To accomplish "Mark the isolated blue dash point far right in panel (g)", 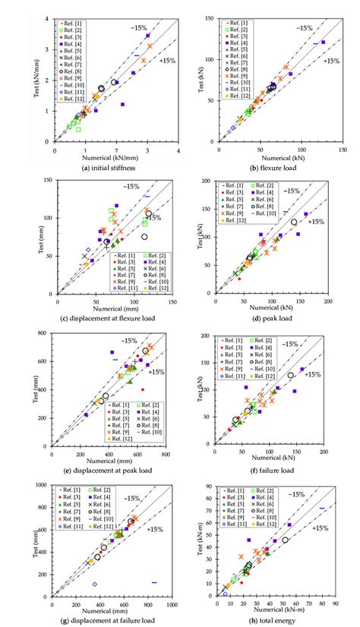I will click(154, 582).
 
